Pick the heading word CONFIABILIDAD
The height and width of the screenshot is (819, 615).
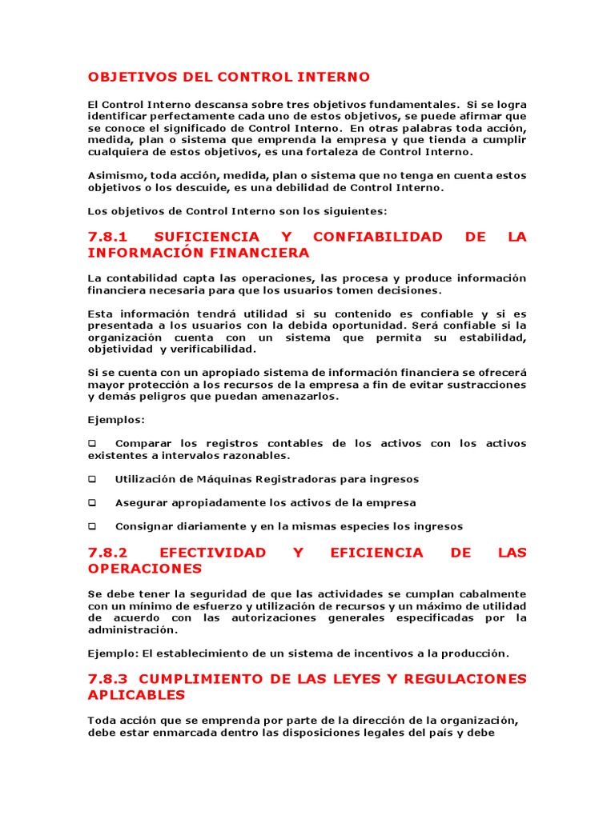pyautogui.click(x=377, y=237)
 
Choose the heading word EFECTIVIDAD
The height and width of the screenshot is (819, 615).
pyautogui.click(x=213, y=553)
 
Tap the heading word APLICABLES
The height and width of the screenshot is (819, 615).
pyautogui.click(x=136, y=695)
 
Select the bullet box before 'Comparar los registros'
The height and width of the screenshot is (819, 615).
pyautogui.click(x=92, y=444)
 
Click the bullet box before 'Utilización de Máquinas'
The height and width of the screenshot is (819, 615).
pyautogui.click(x=92, y=480)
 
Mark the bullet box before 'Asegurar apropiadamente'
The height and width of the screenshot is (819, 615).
pyautogui.click(x=92, y=503)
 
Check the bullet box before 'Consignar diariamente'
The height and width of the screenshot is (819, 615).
pyautogui.click(x=92, y=526)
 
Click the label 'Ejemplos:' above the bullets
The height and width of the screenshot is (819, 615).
pyautogui.click(x=116, y=420)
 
